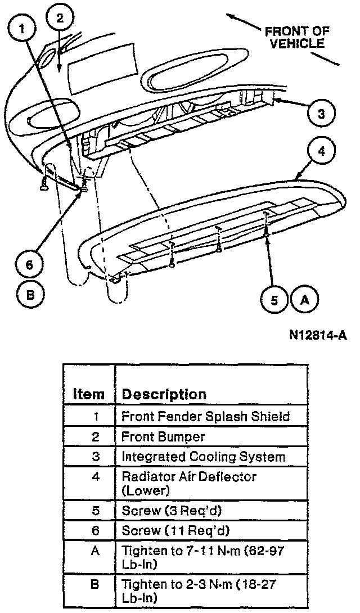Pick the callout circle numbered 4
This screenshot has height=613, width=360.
(321, 152)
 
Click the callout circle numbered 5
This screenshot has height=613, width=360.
(274, 300)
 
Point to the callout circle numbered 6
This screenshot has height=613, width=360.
(28, 263)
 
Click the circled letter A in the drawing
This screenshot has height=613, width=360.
(305, 300)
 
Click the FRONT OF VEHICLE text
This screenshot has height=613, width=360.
(297, 37)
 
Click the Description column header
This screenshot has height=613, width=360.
(164, 394)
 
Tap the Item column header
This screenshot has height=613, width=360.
(89, 394)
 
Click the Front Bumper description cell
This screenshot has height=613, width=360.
(163, 436)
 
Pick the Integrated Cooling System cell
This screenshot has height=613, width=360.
(203, 456)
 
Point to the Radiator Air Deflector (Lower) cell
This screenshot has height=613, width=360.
(189, 483)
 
